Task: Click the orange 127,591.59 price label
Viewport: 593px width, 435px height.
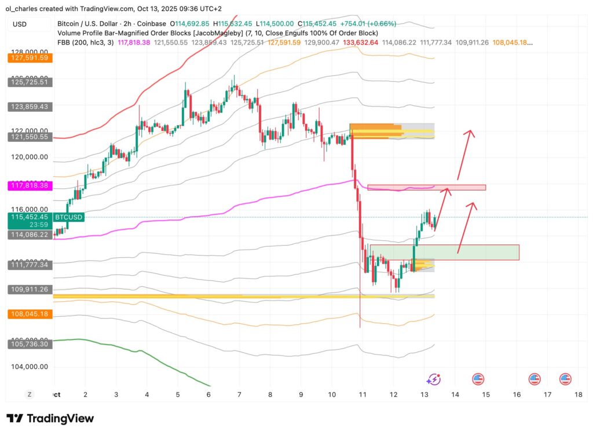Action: point(30,58)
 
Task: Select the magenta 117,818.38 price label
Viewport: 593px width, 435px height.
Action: point(30,185)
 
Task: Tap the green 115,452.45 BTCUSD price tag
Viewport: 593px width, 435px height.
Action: point(30,217)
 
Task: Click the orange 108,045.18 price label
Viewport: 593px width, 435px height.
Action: point(30,314)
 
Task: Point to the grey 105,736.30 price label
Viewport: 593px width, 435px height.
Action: point(30,344)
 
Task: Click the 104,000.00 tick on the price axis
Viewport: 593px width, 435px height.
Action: point(30,367)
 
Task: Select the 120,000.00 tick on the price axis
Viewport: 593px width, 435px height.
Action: point(30,156)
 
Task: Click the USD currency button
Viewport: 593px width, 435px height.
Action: point(20,24)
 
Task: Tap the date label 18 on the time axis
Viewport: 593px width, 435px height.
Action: point(577,394)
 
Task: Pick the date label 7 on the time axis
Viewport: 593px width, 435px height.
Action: point(239,394)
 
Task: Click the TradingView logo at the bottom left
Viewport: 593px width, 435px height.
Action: point(50,418)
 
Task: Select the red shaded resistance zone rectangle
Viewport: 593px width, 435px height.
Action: point(426,187)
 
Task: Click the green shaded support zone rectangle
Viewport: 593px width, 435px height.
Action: point(444,252)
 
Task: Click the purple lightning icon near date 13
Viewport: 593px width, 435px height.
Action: point(433,379)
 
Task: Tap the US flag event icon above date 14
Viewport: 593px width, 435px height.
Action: point(478,379)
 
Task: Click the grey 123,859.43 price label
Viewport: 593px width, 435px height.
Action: point(30,107)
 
